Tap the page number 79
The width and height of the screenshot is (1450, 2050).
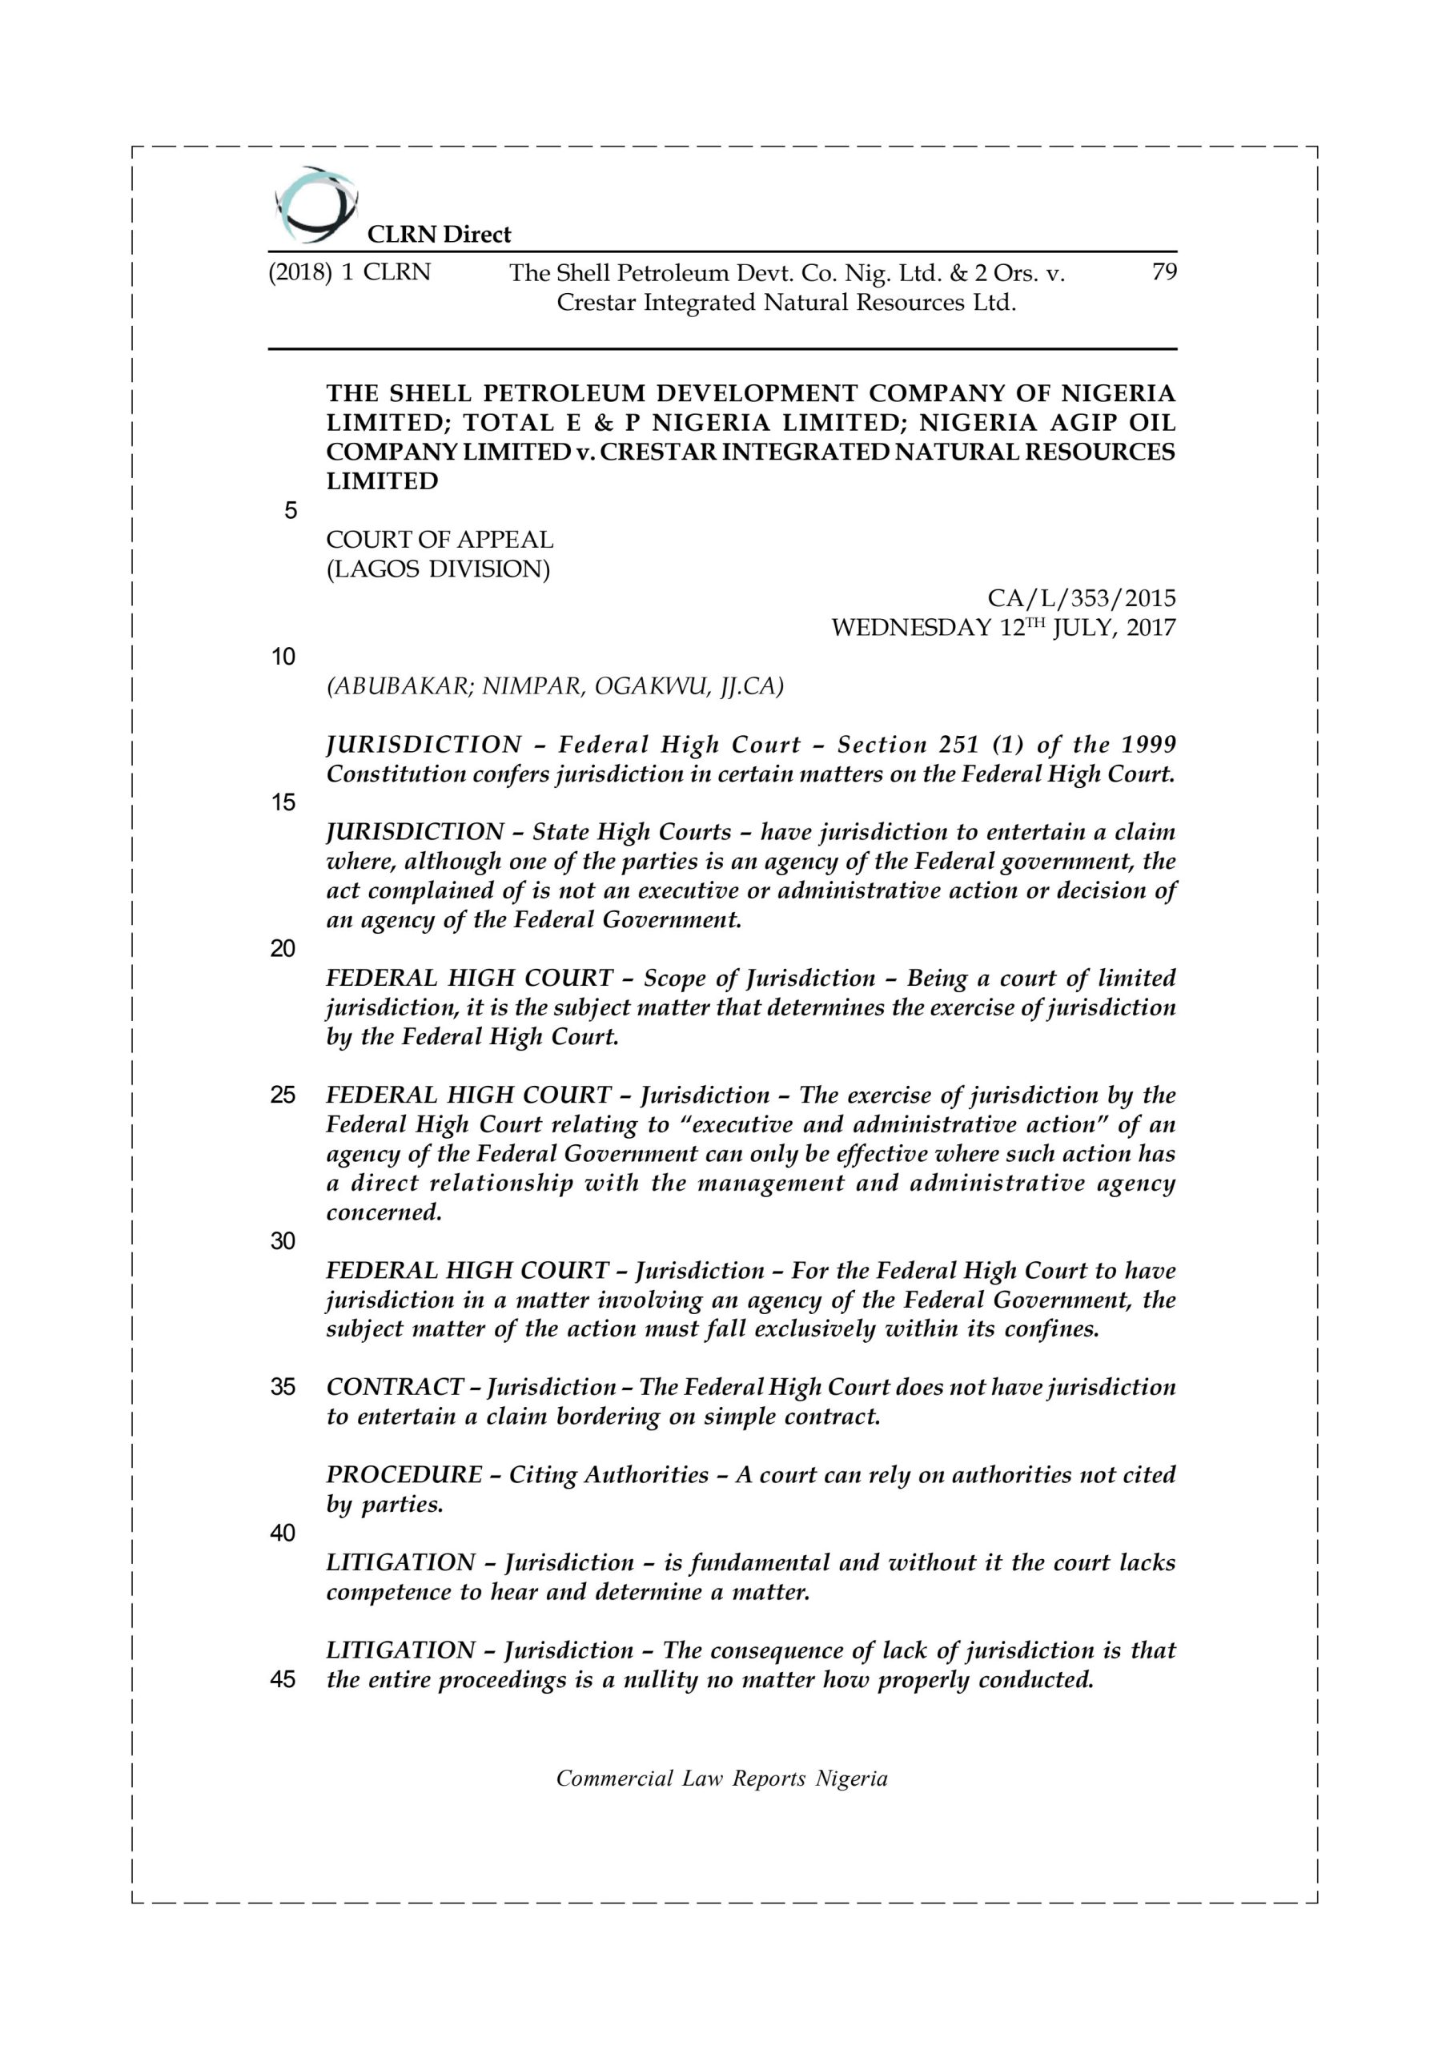tap(1163, 271)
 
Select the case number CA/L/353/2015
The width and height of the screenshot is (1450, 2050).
tap(1081, 598)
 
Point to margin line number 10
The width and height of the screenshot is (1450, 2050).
tap(283, 657)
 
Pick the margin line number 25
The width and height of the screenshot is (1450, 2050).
tap(283, 1095)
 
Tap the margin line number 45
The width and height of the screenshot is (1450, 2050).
tap(283, 1679)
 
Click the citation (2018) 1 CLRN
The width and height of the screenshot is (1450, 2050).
tap(349, 272)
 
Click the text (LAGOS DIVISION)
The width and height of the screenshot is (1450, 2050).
tap(437, 569)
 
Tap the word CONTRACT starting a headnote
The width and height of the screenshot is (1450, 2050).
tap(395, 1387)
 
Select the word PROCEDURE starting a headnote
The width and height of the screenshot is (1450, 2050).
tap(404, 1475)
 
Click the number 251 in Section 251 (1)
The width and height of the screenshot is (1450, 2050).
tap(959, 745)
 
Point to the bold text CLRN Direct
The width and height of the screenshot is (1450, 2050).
tap(440, 235)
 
